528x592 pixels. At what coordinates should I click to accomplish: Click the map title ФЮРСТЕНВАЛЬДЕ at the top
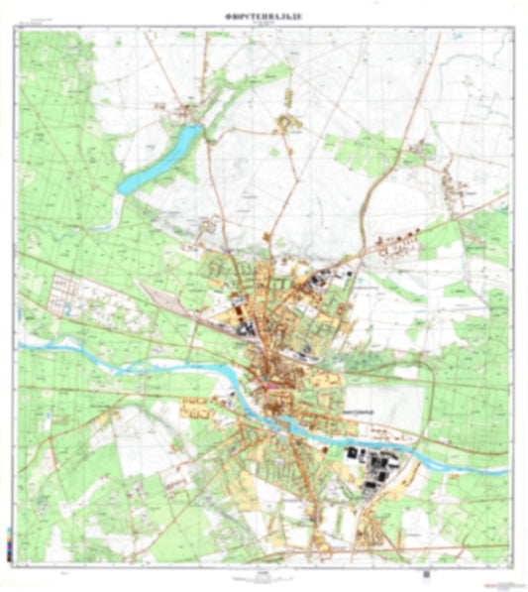[264, 16]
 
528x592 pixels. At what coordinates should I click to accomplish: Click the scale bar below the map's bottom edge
[264, 572]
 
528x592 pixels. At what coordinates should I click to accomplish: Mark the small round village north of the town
[289, 124]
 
